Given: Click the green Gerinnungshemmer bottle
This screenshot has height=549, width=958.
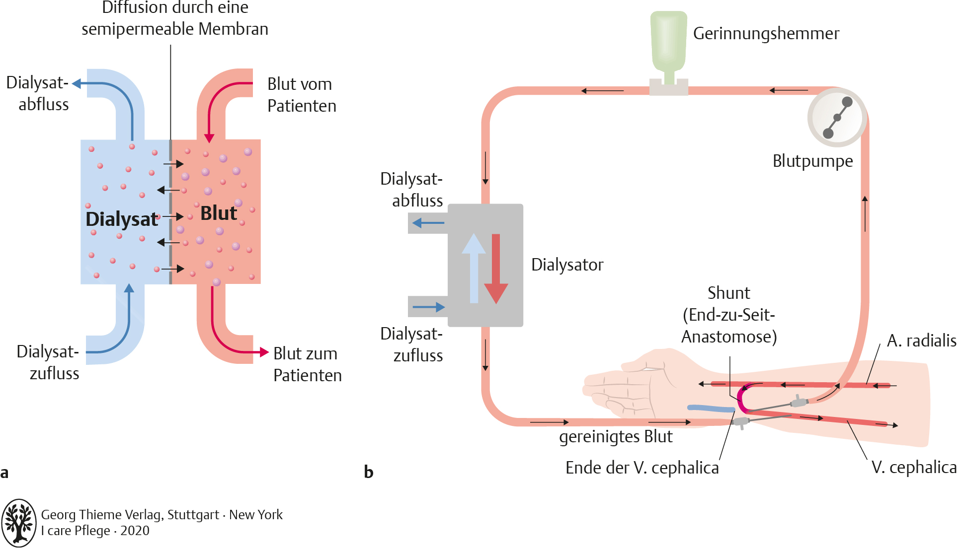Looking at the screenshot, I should (x=669, y=42).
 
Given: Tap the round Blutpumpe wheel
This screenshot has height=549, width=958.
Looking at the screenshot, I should (x=837, y=118).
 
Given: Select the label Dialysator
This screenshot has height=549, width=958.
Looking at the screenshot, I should (x=567, y=265).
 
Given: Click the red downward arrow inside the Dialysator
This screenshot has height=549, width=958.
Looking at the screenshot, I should (x=496, y=268).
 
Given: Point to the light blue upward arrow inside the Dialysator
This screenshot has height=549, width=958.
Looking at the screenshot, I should (x=474, y=268).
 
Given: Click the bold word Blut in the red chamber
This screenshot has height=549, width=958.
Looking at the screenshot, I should (x=218, y=213).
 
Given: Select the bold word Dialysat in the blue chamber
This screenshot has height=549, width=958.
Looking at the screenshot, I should (x=122, y=219).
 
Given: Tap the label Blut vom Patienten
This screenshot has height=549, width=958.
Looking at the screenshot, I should (x=302, y=95).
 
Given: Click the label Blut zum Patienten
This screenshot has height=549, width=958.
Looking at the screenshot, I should (x=307, y=364).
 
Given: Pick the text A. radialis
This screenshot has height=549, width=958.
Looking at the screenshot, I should (x=921, y=341).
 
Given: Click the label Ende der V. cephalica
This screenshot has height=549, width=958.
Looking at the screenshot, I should (x=642, y=468).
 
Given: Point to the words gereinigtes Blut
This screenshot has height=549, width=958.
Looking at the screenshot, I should (x=616, y=436).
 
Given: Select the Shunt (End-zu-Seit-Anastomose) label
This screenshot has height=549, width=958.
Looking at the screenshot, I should (x=729, y=315).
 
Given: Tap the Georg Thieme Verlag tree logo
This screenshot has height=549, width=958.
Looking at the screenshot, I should (x=19, y=523).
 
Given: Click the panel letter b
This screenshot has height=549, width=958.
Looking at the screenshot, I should (x=368, y=472).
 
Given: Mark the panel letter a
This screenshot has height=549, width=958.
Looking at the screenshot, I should (x=4, y=473).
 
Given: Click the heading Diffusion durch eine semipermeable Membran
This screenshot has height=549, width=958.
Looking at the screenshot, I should (x=175, y=18).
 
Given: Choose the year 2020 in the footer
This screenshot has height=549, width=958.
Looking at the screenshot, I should (x=135, y=531).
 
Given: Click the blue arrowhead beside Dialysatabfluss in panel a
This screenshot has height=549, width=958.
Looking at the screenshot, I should (x=77, y=83).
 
